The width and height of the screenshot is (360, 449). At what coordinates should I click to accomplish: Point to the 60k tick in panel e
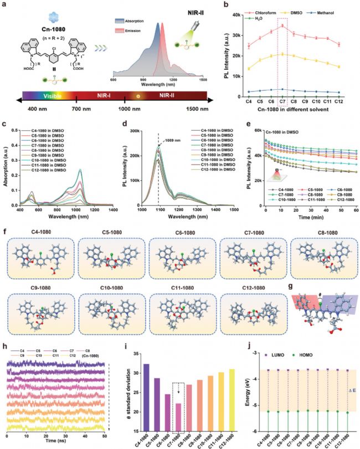[x=254, y=129]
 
